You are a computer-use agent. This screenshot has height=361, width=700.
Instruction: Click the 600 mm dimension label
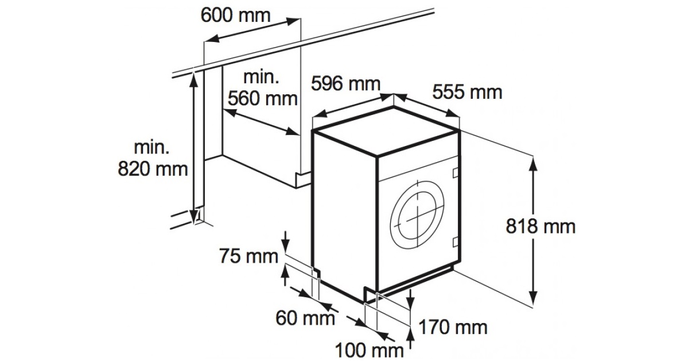coord(235,15)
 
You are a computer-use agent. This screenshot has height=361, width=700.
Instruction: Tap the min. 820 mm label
coord(153,158)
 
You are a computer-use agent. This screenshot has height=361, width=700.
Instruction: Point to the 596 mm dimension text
coord(345,84)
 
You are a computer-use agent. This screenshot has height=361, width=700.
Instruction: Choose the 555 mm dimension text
coord(467,91)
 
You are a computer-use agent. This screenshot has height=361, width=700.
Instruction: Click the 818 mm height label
coord(540,226)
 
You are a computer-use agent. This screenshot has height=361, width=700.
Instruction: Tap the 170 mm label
coord(453,328)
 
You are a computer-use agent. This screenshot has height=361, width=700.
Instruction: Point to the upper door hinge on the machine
coord(455,171)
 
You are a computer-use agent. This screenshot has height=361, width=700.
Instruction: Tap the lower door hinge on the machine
coord(455,240)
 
